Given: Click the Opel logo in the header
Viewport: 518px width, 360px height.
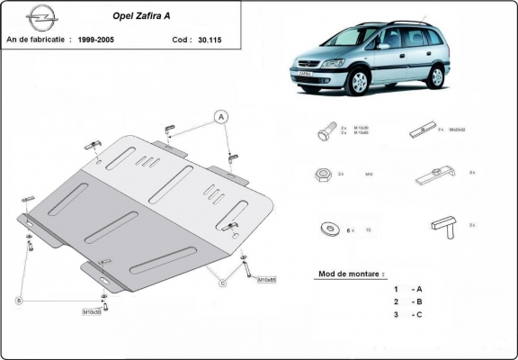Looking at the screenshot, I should tap(40, 17).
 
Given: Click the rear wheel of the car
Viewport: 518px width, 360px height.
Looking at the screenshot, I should tap(436, 76).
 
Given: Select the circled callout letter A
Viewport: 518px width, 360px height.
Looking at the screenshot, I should tap(219, 115).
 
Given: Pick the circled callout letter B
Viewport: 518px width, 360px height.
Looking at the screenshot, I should tap(18, 300).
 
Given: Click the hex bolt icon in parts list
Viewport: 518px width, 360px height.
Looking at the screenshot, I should tap(326, 131).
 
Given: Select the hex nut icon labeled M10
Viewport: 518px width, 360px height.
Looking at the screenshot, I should tap(321, 175).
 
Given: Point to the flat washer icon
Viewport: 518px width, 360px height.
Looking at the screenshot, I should tap(321, 228).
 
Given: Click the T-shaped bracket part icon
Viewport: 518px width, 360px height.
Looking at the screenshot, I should tap(442, 223).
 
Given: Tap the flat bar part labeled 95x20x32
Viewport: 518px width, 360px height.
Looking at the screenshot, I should tap(423, 130).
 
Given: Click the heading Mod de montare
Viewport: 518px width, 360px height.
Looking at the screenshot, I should tap(351, 273).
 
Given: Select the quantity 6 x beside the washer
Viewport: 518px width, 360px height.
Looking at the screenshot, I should tap(352, 229).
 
